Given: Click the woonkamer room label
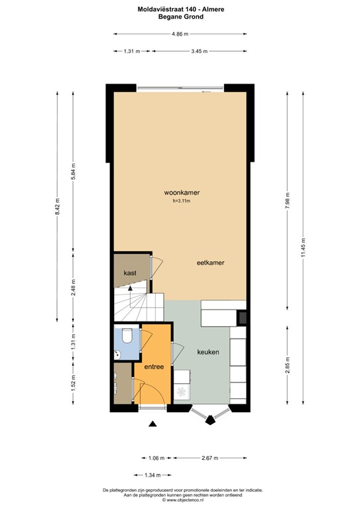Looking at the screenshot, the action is [182, 192].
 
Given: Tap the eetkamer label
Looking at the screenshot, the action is [210, 262].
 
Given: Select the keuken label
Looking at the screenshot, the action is [208, 352].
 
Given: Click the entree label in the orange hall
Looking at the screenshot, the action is [154, 367].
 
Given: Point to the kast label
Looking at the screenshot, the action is [130, 273].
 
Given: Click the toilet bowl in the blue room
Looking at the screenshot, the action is [127, 335].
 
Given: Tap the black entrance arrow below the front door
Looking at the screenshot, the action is [152, 424].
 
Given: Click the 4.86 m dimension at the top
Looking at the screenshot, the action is [180, 34].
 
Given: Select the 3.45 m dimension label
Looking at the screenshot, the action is [200, 51].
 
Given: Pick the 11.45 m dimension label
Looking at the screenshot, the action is [303, 248].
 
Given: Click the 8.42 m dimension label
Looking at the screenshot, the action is [57, 207].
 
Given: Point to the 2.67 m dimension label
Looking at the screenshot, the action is [210, 458].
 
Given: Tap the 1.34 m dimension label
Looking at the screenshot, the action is [152, 475].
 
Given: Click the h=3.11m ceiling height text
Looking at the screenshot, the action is [182, 201].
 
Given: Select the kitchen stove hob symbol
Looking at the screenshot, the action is [181, 392].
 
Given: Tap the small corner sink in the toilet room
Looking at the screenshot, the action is [117, 355].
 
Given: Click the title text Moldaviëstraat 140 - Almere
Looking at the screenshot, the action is [181, 9].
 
